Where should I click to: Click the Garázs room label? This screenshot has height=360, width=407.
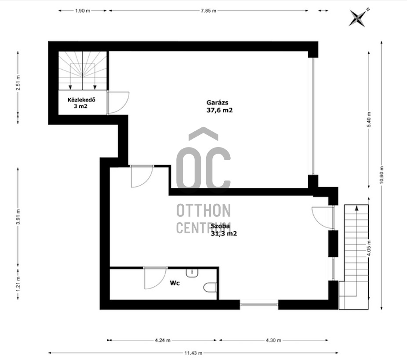217,103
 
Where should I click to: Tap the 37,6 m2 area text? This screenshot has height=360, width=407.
220,110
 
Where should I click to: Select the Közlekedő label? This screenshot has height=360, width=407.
81,100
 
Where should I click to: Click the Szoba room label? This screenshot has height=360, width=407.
220,226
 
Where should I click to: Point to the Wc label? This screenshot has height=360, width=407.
174,283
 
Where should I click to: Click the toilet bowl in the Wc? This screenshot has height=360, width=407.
210,287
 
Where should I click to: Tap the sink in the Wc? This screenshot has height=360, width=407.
192,273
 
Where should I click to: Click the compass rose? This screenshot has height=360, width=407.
359,18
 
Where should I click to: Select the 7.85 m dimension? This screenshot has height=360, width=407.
208,11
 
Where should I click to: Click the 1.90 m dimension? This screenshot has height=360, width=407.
83,11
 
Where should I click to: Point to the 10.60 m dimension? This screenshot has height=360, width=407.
382,175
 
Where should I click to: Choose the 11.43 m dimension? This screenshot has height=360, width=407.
193,353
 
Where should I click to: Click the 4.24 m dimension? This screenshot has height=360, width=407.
163,340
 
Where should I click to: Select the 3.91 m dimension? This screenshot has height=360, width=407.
18,216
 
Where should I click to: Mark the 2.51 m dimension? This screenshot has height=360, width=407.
18,83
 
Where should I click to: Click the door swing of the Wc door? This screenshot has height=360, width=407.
156,279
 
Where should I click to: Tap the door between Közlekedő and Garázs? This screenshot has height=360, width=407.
118,103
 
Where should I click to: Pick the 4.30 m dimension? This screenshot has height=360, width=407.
273,340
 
